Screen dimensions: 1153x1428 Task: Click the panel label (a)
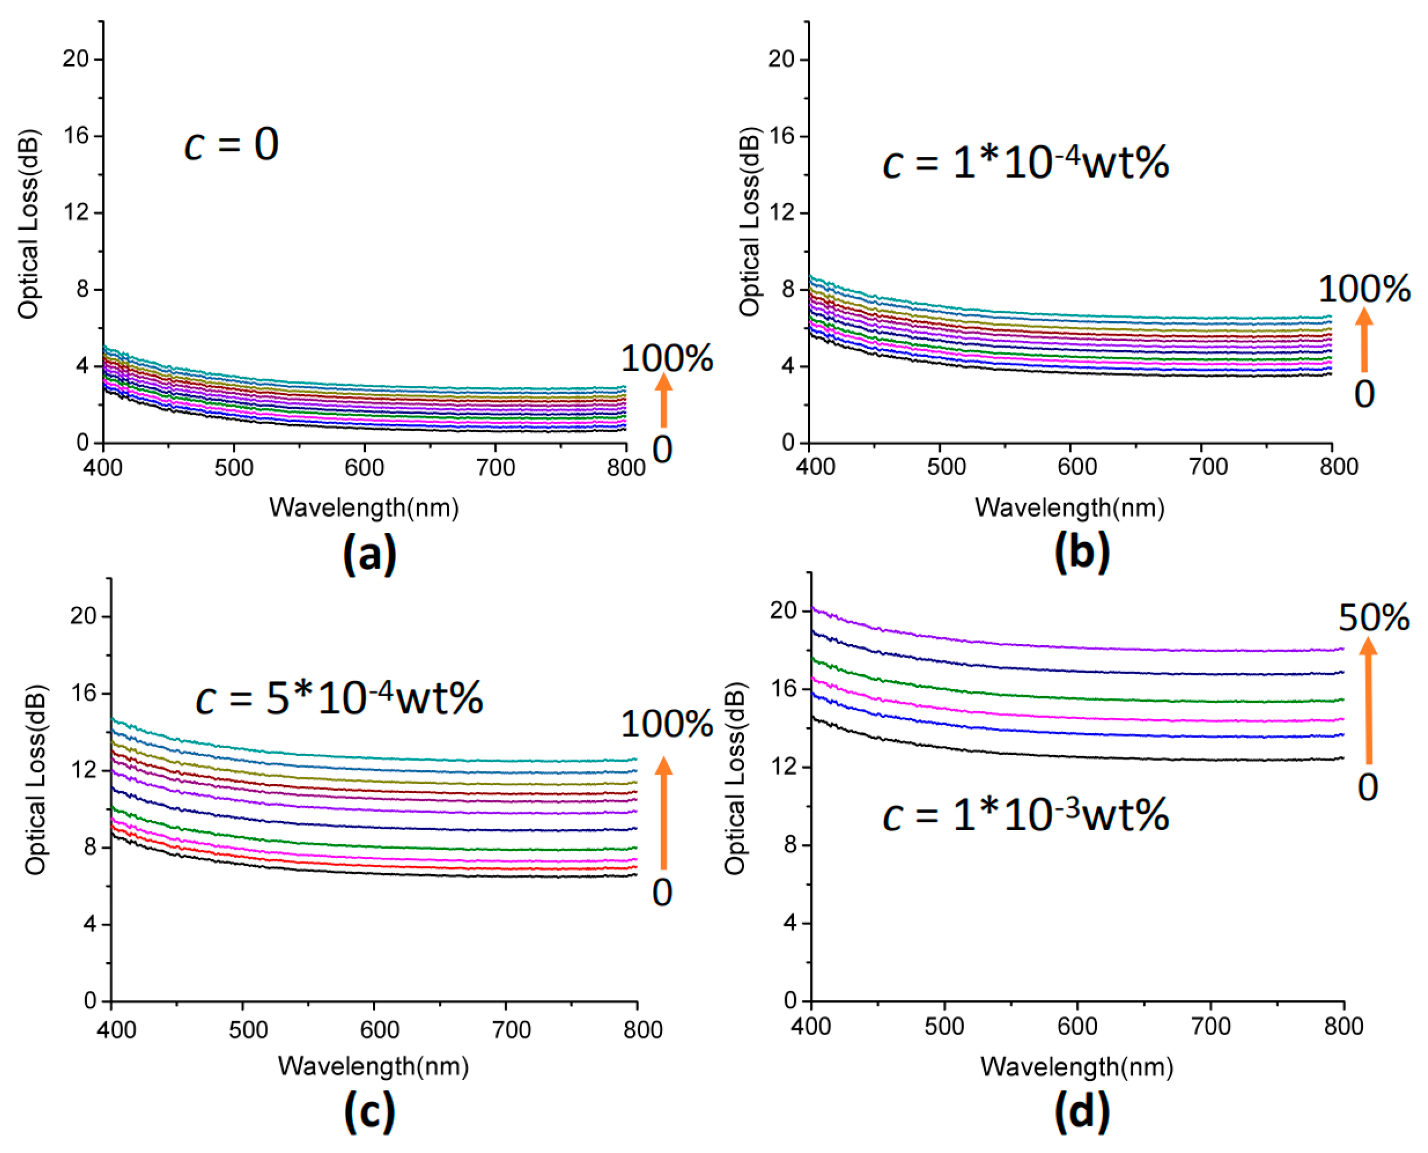click(x=369, y=555)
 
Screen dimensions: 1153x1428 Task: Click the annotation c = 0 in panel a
click(x=231, y=144)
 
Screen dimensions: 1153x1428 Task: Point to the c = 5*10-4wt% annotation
click(x=339, y=698)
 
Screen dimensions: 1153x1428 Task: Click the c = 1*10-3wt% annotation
click(x=1026, y=815)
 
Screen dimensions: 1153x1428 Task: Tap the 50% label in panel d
click(x=1374, y=618)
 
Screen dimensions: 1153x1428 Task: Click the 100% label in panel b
click(x=1364, y=290)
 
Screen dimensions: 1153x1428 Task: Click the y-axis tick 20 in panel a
click(x=76, y=59)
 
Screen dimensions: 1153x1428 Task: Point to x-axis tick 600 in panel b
click(x=1077, y=466)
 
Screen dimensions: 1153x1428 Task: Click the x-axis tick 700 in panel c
click(x=511, y=1029)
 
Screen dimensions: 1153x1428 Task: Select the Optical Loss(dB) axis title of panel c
click(x=35, y=778)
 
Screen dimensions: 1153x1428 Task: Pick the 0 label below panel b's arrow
click(x=1364, y=395)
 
